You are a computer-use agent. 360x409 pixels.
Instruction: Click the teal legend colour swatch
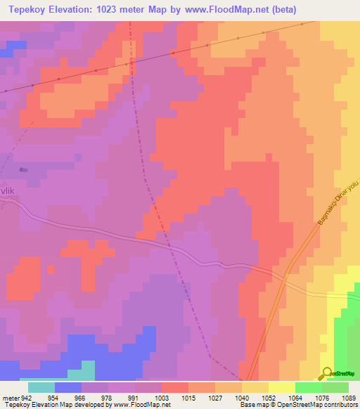tap(41, 387)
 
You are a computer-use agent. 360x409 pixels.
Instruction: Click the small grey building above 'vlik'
tap(23, 169)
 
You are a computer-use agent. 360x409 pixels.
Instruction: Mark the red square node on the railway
tap(173, 53)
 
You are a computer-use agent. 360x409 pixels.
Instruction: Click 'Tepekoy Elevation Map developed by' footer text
tap(48, 405)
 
